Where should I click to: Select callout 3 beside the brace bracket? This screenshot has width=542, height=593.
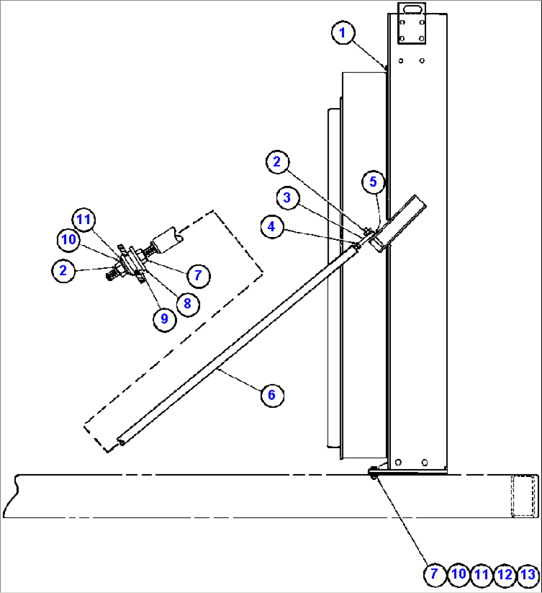tap(287, 198)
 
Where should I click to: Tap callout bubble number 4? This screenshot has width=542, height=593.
tap(271, 227)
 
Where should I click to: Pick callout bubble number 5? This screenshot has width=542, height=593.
tap(373, 182)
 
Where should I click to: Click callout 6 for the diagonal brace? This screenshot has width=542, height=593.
tap(271, 395)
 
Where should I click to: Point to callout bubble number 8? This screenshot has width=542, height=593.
tap(187, 303)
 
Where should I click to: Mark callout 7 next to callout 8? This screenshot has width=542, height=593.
tap(198, 275)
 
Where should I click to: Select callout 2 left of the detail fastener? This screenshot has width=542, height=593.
tap(63, 270)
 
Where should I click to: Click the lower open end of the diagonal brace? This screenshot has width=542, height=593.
tap(121, 442)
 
